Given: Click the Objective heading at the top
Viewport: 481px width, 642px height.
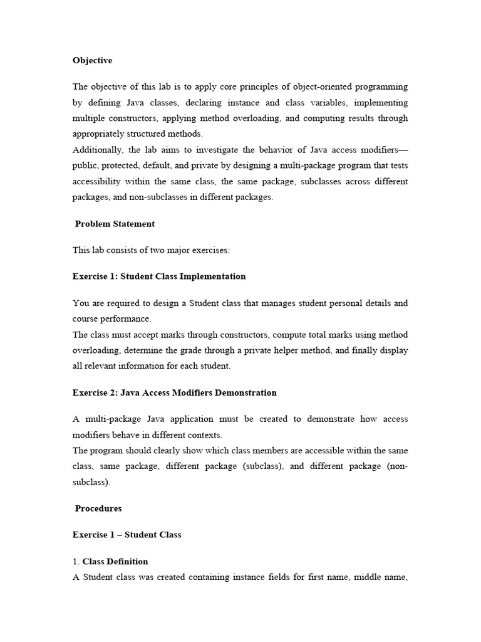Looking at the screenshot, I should (x=93, y=61).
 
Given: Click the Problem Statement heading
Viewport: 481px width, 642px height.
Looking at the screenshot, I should (x=115, y=224).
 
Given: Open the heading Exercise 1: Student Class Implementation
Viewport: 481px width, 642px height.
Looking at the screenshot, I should (x=159, y=276).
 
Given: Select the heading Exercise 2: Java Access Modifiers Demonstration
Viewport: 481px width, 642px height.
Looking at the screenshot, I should (x=175, y=393).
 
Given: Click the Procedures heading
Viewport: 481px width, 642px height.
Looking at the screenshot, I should (x=98, y=508).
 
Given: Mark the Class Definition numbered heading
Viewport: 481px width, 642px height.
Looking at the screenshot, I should (x=115, y=562).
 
